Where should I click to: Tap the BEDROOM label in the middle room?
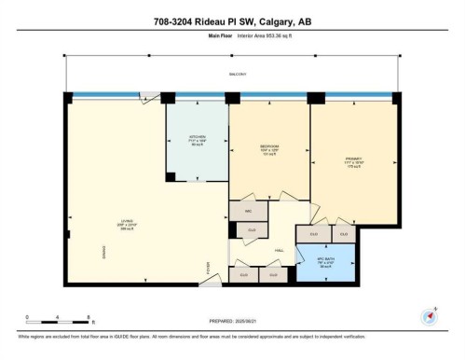(x=270, y=147)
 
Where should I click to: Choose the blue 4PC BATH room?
(x=324, y=261)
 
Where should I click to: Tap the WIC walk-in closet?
(x=249, y=212)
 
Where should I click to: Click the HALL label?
(x=279, y=250)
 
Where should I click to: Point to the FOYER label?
(x=209, y=268)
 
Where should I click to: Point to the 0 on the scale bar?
(x=27, y=317)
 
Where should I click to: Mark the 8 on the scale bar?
(x=88, y=317)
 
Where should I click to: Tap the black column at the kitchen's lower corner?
(x=171, y=176)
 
